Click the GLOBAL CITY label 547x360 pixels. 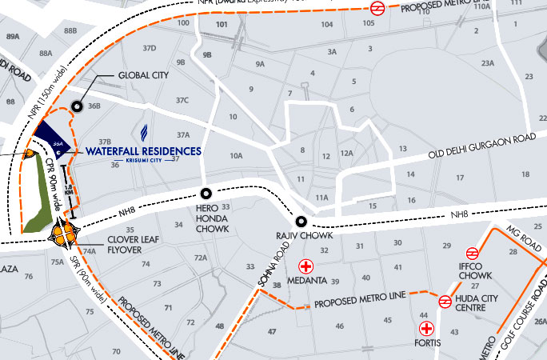[x=144, y=77]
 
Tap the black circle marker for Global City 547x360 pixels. [x=78, y=106]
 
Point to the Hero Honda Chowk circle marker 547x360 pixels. [x=206, y=193]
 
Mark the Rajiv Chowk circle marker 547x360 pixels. [x=301, y=222]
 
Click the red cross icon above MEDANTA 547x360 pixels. [x=305, y=266]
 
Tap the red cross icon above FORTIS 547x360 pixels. [x=427, y=328]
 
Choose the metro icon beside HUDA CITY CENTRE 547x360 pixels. [x=444, y=302]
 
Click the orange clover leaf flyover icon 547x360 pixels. [x=62, y=234]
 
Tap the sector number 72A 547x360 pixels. [x=200, y=258]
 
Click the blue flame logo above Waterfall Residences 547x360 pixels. [x=145, y=133]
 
